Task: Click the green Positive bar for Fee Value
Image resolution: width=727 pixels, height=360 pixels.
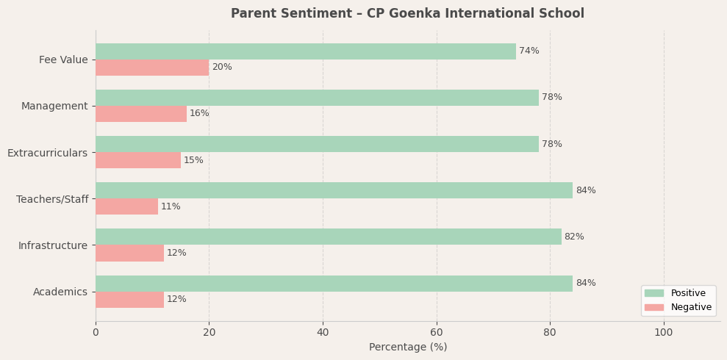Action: tap(305, 51)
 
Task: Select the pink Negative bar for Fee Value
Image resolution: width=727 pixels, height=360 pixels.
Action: tap(152, 68)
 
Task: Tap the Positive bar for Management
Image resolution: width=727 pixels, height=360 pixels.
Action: tap(317, 98)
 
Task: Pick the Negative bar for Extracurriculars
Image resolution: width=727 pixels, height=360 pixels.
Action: tap(138, 160)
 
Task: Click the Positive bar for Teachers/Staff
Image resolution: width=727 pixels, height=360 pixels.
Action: tap(334, 190)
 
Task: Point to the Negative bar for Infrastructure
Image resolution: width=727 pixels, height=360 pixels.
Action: tap(129, 253)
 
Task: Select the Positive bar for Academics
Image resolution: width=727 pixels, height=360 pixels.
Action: tap(334, 284)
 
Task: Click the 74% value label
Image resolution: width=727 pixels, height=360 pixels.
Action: tap(529, 51)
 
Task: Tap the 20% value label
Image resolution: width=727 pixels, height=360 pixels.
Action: tap(222, 68)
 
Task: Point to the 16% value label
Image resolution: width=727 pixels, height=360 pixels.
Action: tap(199, 114)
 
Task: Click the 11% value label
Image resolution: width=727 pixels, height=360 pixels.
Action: tap(171, 206)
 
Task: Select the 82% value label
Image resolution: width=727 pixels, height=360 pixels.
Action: tap(574, 237)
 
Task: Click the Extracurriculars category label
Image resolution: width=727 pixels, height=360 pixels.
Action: tap(47, 153)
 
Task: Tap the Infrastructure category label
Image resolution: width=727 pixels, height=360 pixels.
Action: tap(53, 245)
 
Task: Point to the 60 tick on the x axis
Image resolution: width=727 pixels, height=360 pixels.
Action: tap(437, 333)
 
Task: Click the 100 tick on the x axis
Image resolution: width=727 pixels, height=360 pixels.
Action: tap(664, 333)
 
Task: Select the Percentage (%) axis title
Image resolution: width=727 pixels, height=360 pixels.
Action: tap(408, 348)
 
